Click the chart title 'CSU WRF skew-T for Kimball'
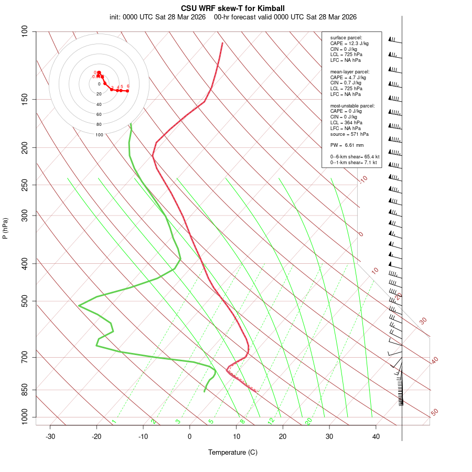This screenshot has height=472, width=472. pyautogui.click(x=233, y=8)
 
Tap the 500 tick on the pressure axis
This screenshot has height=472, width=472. pyautogui.click(x=25, y=301)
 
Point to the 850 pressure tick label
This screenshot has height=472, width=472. pyautogui.click(x=25, y=390)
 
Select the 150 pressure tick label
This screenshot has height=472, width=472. pyautogui.click(x=25, y=99)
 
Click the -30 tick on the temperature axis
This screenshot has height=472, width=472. pyautogui.click(x=50, y=436)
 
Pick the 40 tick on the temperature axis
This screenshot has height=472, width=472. pyautogui.click(x=376, y=436)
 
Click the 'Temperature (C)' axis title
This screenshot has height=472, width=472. pyautogui.click(x=233, y=452)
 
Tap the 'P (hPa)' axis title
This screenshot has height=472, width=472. pyautogui.click(x=5, y=228)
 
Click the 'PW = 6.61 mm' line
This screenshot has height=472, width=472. pyautogui.click(x=347, y=145)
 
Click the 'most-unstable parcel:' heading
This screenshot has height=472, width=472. pyautogui.click(x=352, y=105)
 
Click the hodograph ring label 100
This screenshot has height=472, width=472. pyautogui.click(x=99, y=135)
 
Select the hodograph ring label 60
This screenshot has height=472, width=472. pyautogui.click(x=99, y=114)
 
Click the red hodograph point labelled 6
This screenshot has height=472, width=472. pyautogui.click(x=127, y=91)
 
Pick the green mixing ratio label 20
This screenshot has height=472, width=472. pyautogui.click(x=309, y=421)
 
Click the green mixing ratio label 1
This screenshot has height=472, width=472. pyautogui.click(x=114, y=422)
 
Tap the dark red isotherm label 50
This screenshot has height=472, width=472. pyautogui.click(x=434, y=413)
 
